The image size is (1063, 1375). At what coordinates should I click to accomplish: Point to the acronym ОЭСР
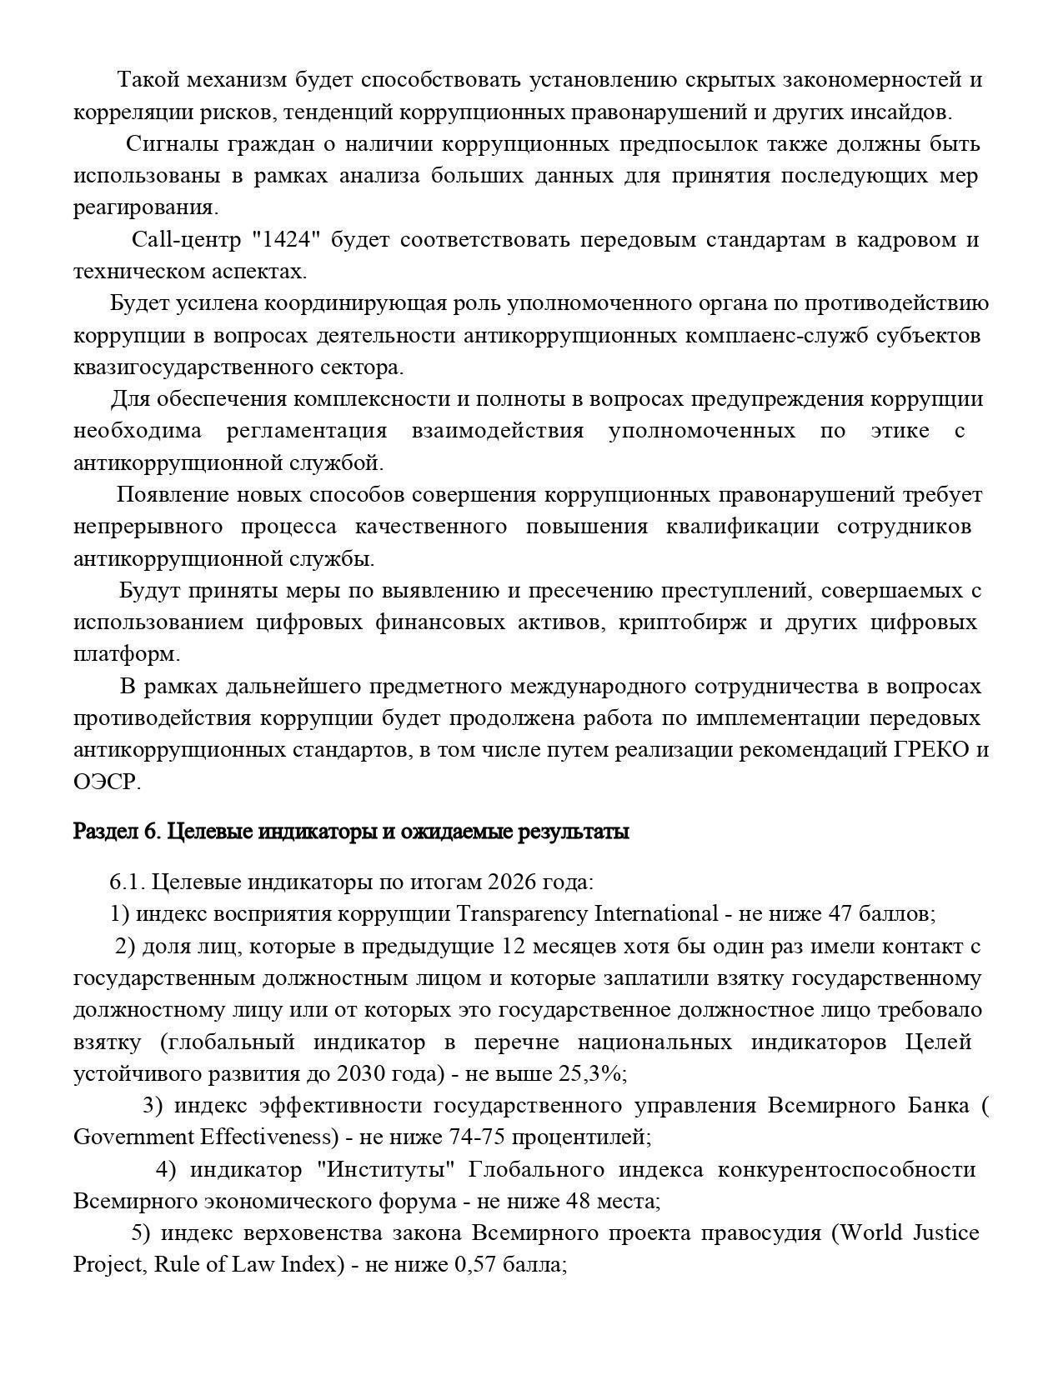(106, 782)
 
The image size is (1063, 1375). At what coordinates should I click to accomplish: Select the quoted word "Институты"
(386, 1170)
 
